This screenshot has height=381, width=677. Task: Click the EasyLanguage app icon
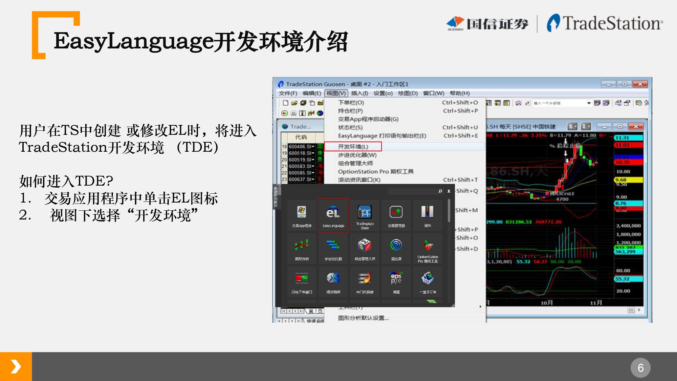coord(333,215)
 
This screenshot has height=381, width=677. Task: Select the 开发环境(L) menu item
coord(353,147)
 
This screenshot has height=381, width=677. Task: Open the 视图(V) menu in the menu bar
coord(336,93)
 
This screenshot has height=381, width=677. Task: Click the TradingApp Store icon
coord(365,215)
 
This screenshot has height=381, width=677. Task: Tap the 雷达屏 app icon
coord(396,248)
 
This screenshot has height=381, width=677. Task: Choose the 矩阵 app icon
coord(428,215)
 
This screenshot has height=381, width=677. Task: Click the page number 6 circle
coord(640,367)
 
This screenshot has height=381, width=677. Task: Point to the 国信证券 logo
coord(487,23)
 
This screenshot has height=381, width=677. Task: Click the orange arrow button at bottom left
coord(16,366)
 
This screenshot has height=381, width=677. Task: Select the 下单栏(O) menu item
coord(351,103)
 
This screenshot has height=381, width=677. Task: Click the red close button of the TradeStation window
coord(640,84)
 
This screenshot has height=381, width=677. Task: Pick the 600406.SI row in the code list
coord(301,147)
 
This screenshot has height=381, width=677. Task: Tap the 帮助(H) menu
coord(459,93)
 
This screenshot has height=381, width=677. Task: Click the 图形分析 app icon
coord(302,248)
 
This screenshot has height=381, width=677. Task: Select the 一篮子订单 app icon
coord(428,281)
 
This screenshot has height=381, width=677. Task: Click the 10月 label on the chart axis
coord(546,302)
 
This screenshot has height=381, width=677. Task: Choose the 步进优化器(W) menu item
coord(357,155)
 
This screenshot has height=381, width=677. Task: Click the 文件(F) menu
coord(288,93)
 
